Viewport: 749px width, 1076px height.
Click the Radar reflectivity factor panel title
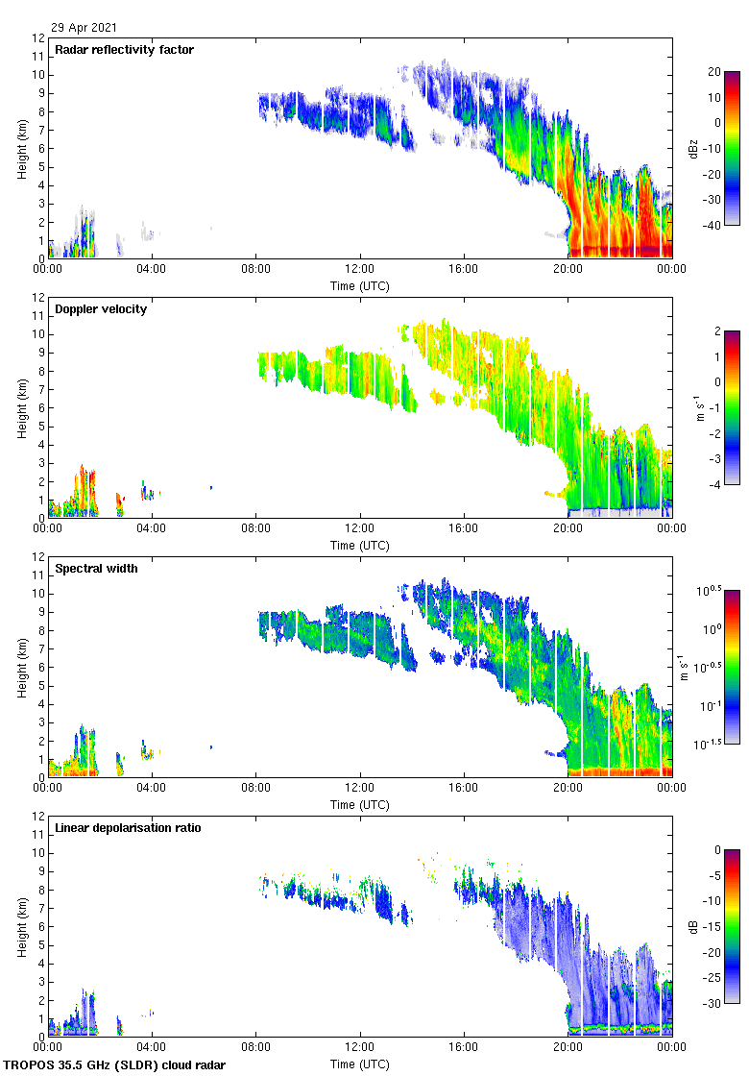click(x=124, y=50)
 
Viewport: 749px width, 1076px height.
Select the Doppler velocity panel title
click(x=101, y=309)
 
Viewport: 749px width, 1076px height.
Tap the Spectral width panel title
click(x=96, y=569)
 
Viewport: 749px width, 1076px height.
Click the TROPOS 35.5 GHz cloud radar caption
click(x=115, y=1064)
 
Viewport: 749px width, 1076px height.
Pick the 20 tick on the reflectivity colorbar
click(x=713, y=72)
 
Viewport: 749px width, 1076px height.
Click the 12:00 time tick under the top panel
click(x=360, y=270)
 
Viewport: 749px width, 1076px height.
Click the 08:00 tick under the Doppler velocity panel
click(x=256, y=529)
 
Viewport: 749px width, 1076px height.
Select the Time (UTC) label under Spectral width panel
click(x=360, y=804)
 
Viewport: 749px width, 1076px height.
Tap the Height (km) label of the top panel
click(x=22, y=148)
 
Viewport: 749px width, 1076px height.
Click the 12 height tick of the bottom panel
click(x=38, y=816)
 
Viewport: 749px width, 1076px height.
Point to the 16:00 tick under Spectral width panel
click(x=464, y=789)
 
